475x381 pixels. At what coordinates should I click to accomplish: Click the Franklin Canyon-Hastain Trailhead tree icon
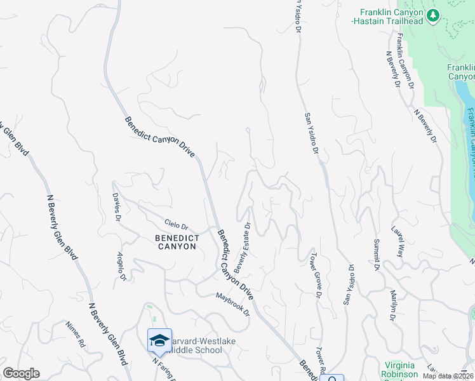pyautogui.click(x=434, y=15)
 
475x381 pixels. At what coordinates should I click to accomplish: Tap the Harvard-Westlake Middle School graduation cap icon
pyautogui.click(x=160, y=340)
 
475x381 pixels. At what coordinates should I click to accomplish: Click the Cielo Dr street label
pyautogui.click(x=177, y=225)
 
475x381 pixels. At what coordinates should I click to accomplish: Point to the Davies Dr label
pyautogui.click(x=117, y=207)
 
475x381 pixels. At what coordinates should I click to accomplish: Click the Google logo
pyautogui.click(x=21, y=373)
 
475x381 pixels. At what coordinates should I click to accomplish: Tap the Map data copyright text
pyautogui.click(x=448, y=376)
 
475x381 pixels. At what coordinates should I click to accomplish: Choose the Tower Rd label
pyautogui.click(x=321, y=360)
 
